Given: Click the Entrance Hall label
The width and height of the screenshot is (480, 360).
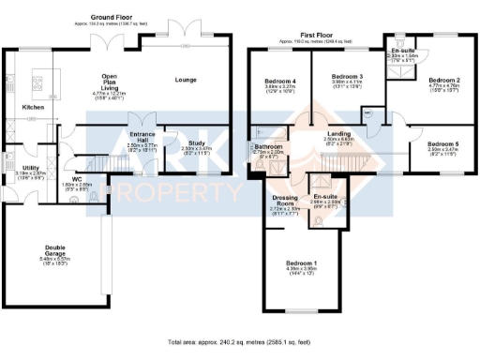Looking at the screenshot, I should click(143, 138).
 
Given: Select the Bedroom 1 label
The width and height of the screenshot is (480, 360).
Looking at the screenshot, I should click(302, 263).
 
